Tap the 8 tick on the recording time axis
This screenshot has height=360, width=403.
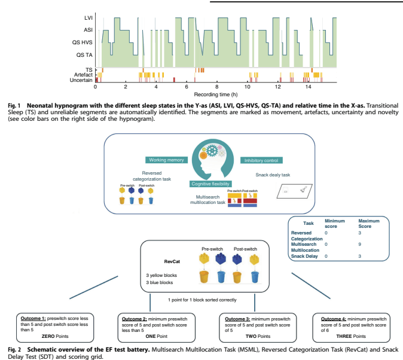[217, 87]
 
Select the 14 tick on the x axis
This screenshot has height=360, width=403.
[308, 87]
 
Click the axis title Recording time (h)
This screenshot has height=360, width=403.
[216, 94]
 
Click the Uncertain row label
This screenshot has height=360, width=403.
[82, 80]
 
